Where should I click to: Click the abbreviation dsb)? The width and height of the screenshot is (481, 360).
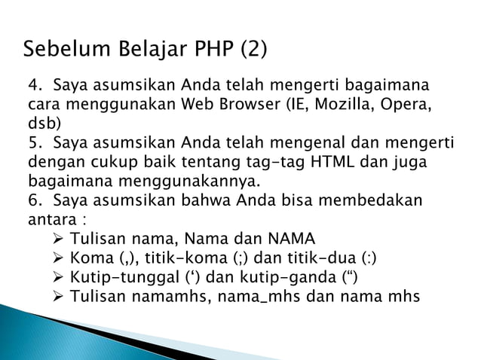point(44,123)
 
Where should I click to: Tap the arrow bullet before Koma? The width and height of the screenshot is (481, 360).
point(60,260)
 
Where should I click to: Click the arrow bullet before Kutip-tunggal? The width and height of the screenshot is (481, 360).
point(60,279)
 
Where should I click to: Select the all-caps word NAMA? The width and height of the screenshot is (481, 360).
point(291,240)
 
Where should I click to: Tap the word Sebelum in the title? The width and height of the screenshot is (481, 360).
point(58,50)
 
